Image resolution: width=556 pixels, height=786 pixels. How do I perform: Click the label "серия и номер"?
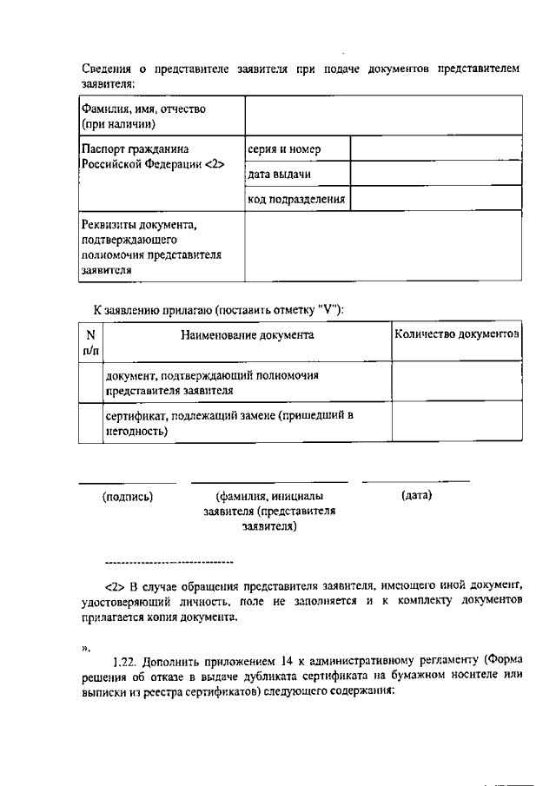click(284, 149)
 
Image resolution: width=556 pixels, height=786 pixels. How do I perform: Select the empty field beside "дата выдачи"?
click(436, 175)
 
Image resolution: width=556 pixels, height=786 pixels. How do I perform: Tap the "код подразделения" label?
click(296, 199)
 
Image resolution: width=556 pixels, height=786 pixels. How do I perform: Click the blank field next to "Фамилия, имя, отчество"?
click(383, 116)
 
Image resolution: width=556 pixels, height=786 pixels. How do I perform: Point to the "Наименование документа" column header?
click(248, 334)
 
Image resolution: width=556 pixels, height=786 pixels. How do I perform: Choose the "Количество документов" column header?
click(457, 334)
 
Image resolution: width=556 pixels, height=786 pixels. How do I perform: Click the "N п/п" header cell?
click(90, 341)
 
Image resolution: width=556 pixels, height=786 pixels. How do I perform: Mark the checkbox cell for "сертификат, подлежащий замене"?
click(90, 423)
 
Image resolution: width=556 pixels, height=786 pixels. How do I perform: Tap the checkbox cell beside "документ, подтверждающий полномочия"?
click(90, 382)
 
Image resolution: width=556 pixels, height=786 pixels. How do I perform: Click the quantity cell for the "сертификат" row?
click(457, 423)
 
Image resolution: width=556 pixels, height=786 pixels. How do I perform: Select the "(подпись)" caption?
click(128, 497)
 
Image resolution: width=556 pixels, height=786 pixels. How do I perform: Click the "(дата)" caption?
click(417, 496)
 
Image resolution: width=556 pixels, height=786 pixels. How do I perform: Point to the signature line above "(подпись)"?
click(128, 482)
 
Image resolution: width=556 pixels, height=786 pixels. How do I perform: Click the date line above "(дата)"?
click(416, 481)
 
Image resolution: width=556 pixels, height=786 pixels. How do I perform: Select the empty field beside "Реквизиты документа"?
click(383, 247)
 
